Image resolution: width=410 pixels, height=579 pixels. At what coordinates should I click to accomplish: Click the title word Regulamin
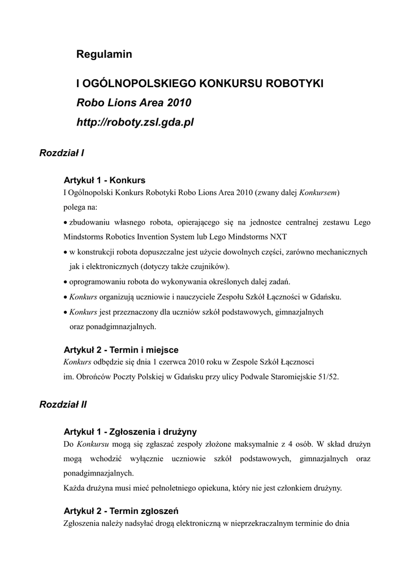(x=104, y=54)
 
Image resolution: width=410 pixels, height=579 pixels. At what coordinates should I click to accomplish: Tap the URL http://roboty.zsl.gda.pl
(x=135, y=122)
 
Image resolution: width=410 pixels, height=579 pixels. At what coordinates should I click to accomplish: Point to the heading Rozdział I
(x=62, y=153)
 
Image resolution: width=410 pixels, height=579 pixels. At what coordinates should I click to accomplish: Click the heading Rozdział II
(x=63, y=404)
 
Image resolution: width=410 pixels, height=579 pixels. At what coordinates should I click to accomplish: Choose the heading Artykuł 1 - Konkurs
(x=104, y=180)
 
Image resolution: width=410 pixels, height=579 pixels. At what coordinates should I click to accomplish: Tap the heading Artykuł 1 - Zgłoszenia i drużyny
(x=130, y=432)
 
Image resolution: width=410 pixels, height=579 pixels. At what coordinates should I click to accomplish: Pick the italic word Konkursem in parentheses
(x=318, y=192)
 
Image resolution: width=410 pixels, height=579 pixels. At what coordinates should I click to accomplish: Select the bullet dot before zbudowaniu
(x=65, y=222)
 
